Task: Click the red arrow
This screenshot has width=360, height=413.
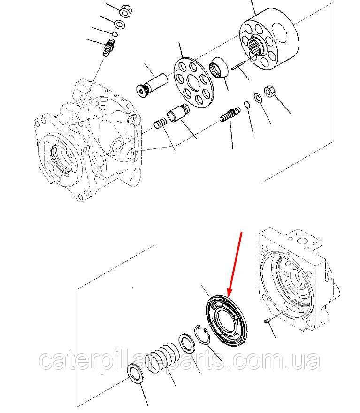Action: click(235, 264)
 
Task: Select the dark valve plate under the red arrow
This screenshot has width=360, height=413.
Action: click(227, 321)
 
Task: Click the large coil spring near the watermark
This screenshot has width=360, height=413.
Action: click(162, 358)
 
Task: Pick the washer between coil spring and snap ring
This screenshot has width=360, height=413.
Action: click(187, 343)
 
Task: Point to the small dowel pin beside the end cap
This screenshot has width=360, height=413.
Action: click(268, 320)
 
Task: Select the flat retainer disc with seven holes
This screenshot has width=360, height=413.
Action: click(194, 82)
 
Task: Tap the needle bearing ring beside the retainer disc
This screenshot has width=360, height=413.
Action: click(219, 67)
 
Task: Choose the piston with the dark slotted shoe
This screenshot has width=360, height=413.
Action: click(152, 86)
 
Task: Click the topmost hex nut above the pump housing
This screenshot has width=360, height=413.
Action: click(126, 10)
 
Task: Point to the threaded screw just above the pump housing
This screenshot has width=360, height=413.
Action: click(109, 47)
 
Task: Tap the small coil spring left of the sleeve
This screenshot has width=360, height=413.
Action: click(160, 123)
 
